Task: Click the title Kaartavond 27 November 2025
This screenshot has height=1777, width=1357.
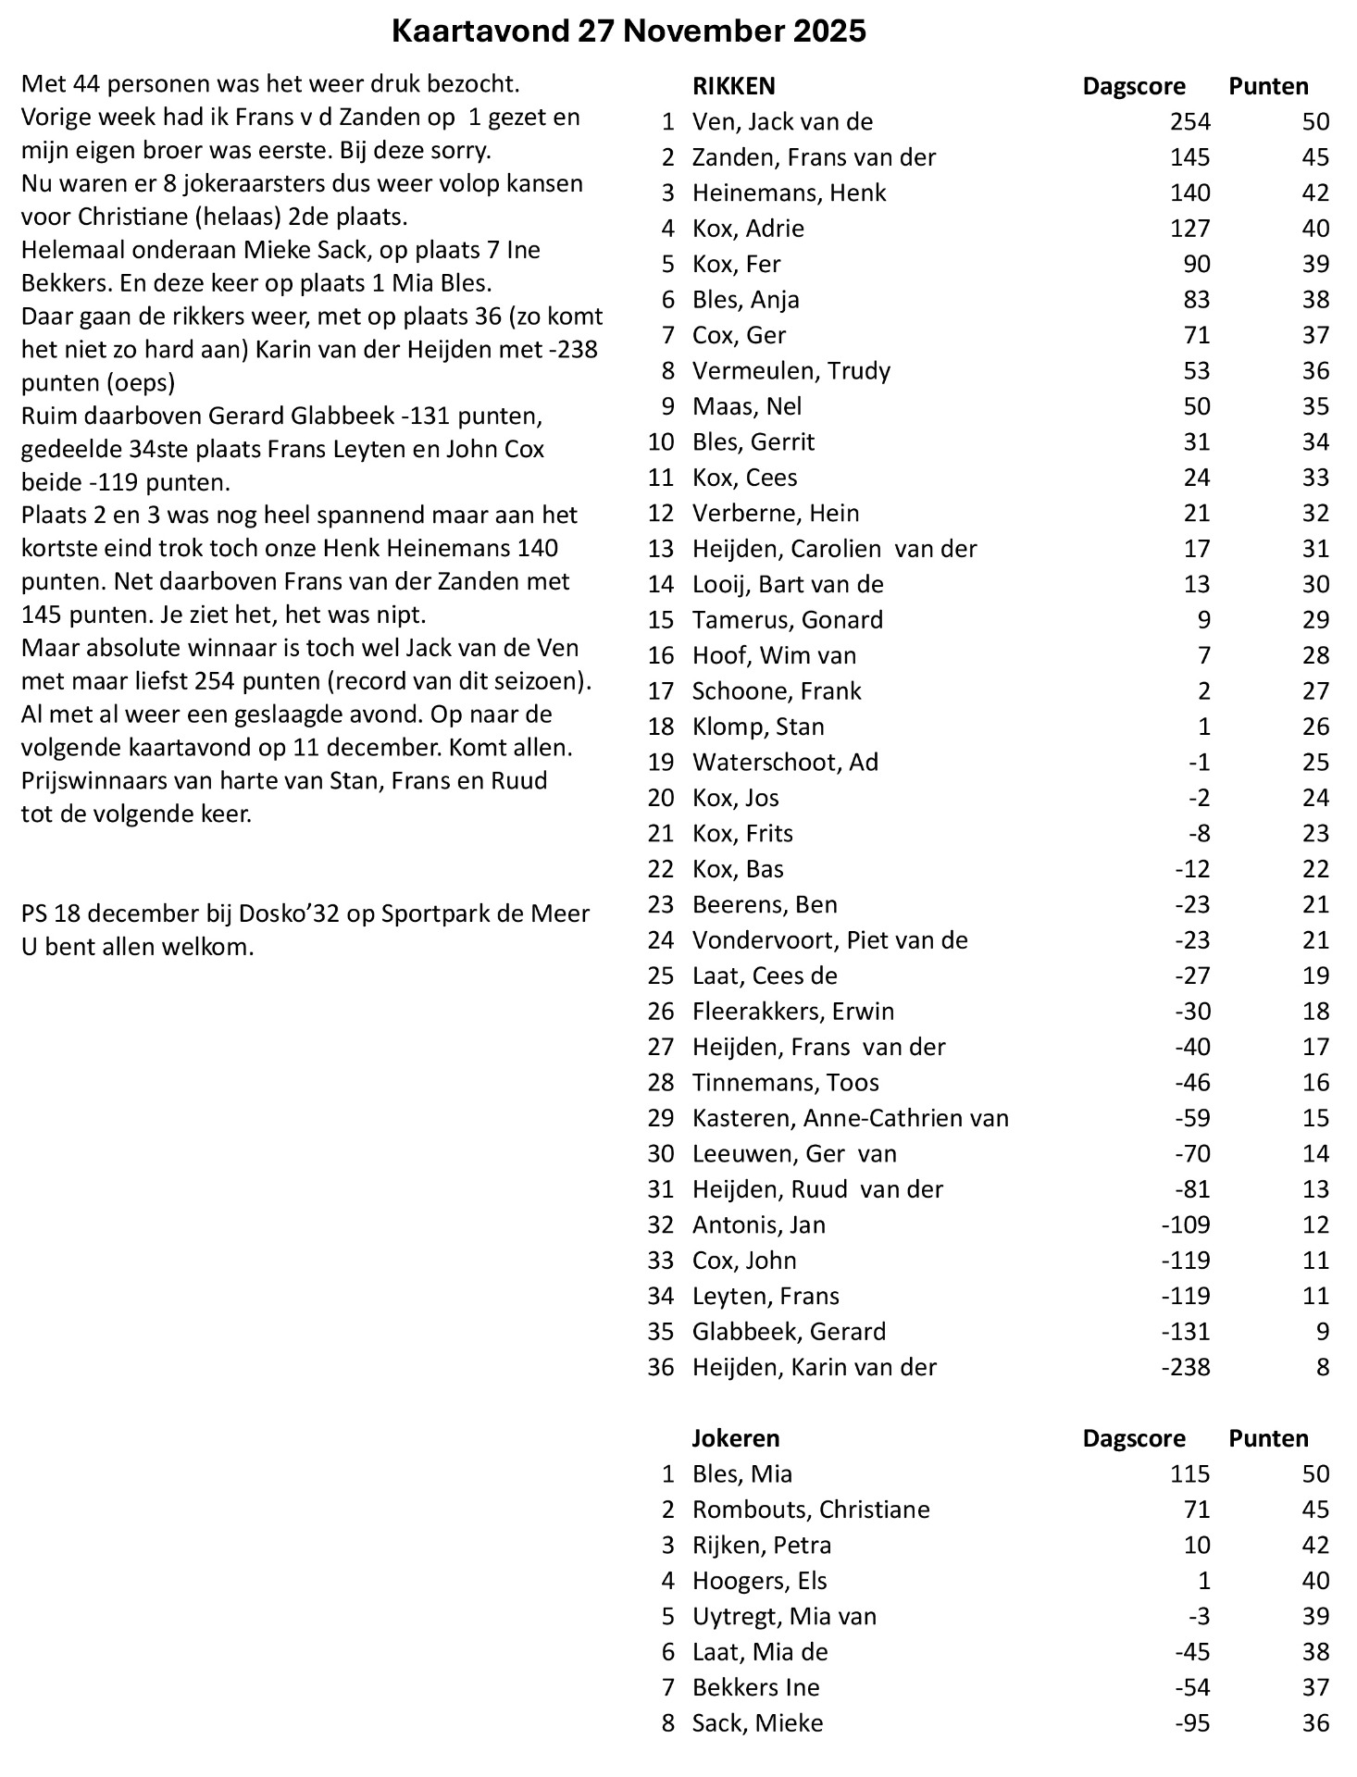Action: pyautogui.click(x=629, y=31)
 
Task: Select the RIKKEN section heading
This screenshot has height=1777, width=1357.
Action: pyautogui.click(x=733, y=87)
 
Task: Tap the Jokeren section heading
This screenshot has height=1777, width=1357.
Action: pyautogui.click(x=736, y=1438)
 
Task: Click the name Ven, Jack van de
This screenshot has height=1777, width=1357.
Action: pyautogui.click(x=782, y=122)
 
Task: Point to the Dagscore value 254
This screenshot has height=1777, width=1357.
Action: pyautogui.click(x=1189, y=122)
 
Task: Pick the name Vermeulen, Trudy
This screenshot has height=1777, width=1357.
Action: pyautogui.click(x=791, y=371)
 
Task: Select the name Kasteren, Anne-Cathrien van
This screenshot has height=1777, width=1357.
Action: pyautogui.click(x=850, y=1118)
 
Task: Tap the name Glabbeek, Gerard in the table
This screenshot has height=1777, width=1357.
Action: pyautogui.click(x=789, y=1332)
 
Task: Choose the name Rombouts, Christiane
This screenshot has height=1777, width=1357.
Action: pyautogui.click(x=811, y=1510)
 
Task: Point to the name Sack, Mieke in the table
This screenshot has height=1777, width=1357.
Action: pyautogui.click(x=757, y=1723)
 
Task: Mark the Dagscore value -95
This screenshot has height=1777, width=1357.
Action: pyautogui.click(x=1192, y=1723)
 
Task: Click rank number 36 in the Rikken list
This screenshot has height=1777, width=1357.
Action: pyautogui.click(x=661, y=1367)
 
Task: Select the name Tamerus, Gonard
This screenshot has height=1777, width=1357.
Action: pyautogui.click(x=787, y=620)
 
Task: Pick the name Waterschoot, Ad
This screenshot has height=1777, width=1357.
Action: pyautogui.click(x=785, y=763)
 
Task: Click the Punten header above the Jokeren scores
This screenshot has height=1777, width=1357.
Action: pyautogui.click(x=1268, y=1438)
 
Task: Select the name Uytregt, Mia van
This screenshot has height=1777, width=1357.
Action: pyautogui.click(x=784, y=1617)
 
